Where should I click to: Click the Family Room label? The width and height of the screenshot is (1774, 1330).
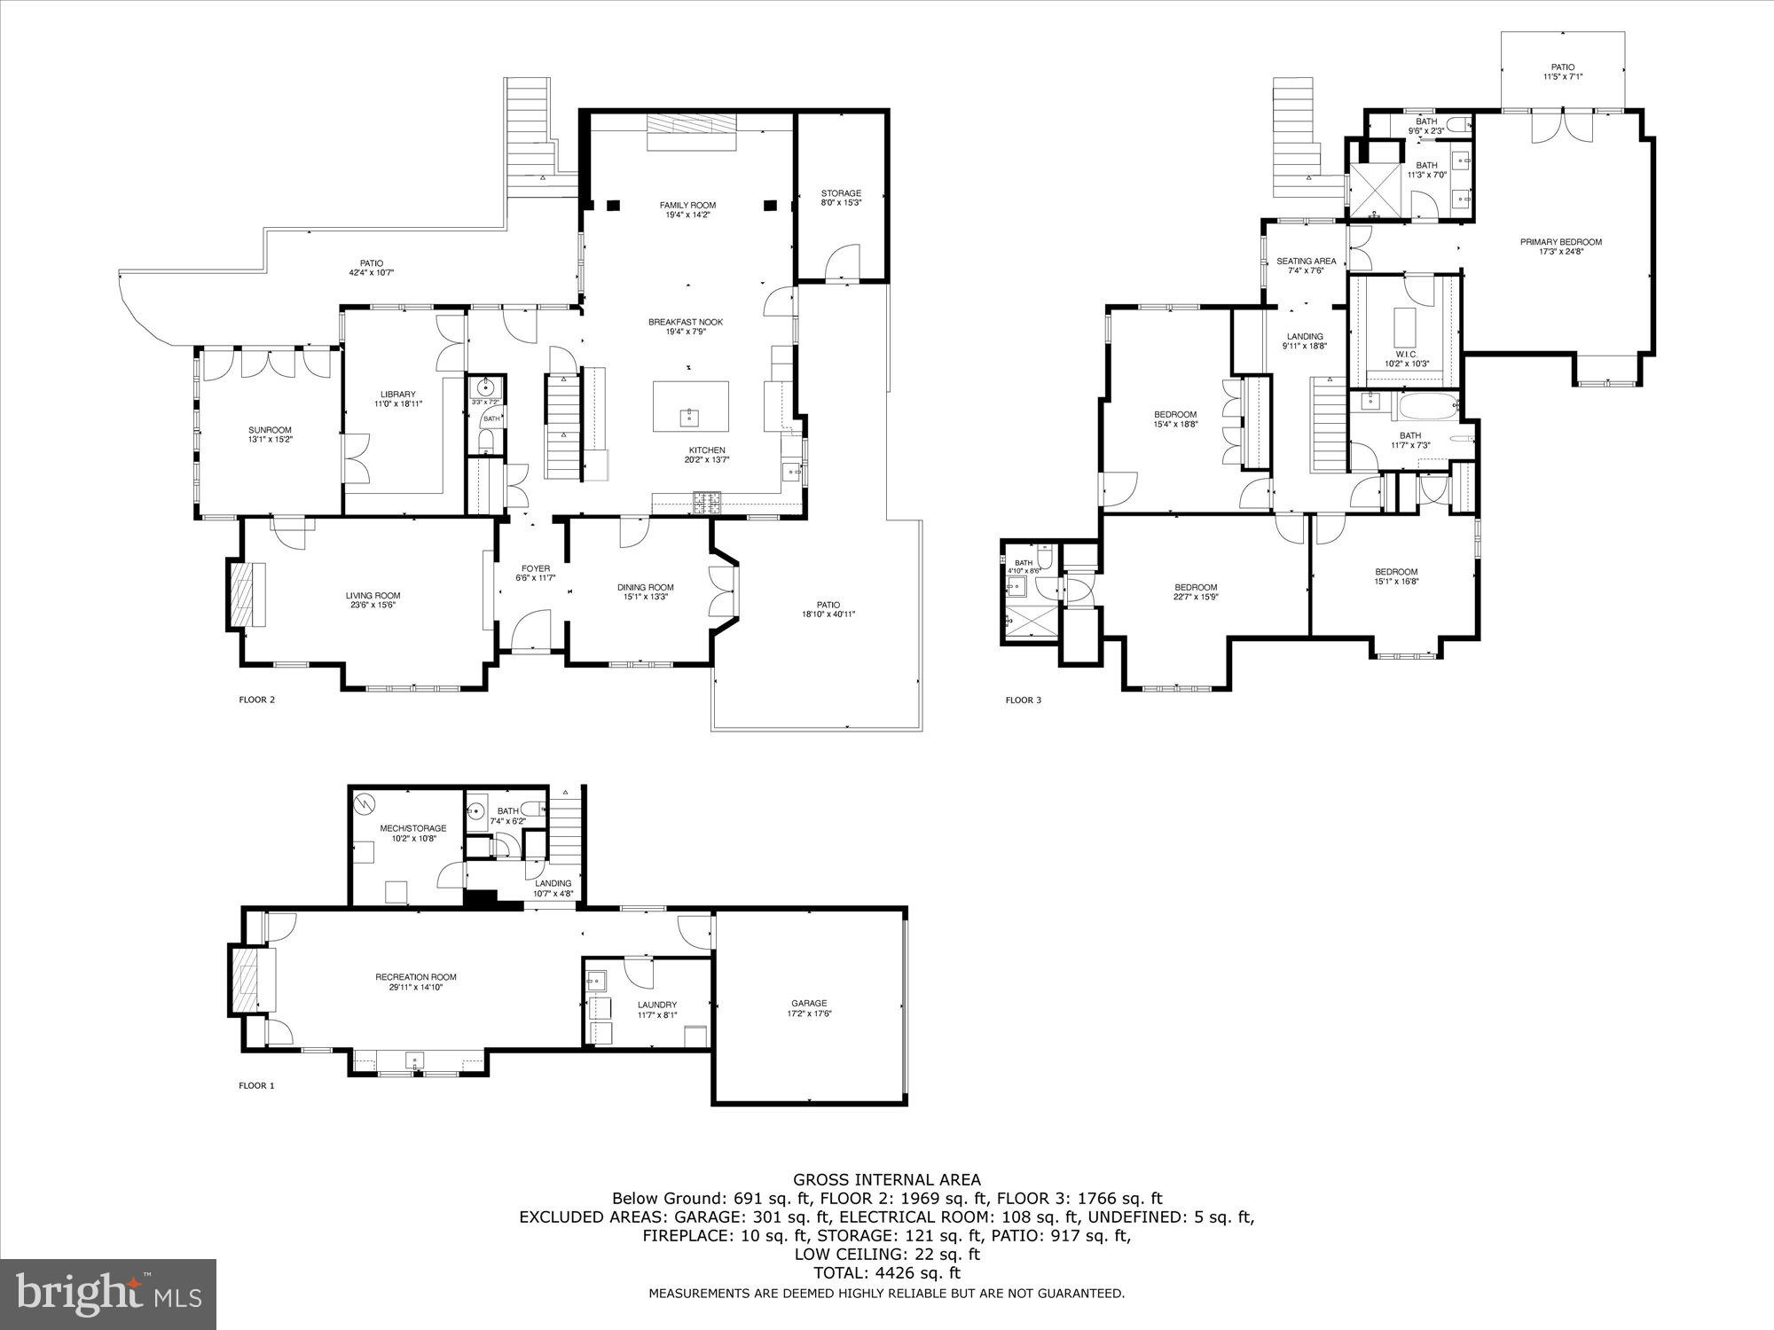click(x=687, y=205)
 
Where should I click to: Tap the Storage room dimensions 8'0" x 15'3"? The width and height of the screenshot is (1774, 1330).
click(x=840, y=203)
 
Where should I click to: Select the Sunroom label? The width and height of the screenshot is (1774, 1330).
click(x=270, y=429)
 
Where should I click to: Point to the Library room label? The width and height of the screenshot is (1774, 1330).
click(x=398, y=394)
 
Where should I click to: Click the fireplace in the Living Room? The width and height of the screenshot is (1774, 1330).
click(x=242, y=595)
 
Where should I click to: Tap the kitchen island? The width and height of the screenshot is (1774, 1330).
click(x=691, y=406)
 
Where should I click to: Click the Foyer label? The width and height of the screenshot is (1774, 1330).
click(x=535, y=568)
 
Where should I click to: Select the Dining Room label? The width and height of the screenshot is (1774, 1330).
click(x=645, y=587)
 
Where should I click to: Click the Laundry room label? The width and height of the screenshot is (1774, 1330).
click(x=656, y=1005)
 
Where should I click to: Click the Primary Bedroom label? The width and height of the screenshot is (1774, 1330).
click(x=1560, y=242)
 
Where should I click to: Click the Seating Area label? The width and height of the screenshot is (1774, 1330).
click(x=1306, y=261)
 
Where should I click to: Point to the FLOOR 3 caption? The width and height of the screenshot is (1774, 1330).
click(x=1023, y=700)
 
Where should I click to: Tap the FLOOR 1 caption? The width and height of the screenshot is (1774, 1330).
click(x=257, y=1085)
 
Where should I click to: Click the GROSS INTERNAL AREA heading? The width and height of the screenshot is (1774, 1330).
click(x=886, y=1179)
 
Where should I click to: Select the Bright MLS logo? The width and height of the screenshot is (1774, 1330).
click(x=108, y=1295)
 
